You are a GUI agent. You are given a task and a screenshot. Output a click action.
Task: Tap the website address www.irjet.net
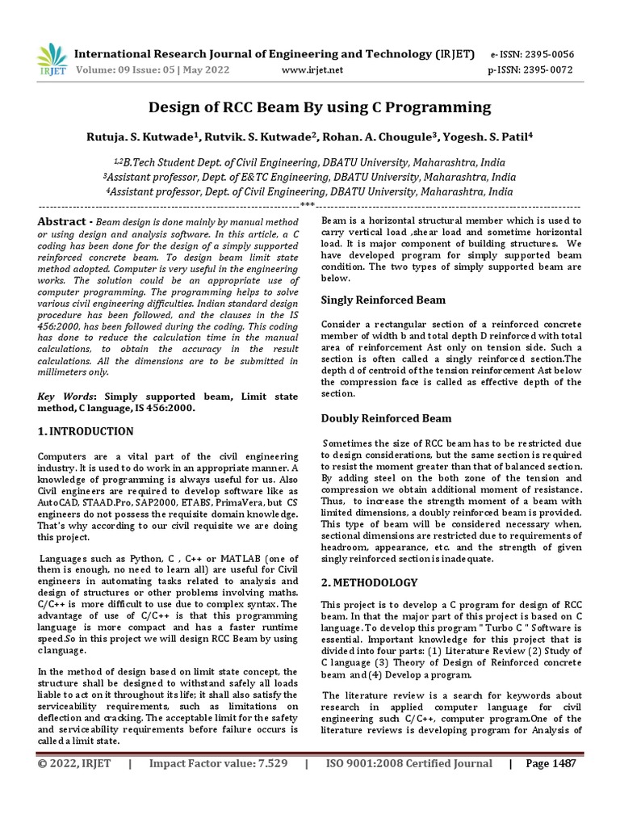pyautogui.click(x=312, y=70)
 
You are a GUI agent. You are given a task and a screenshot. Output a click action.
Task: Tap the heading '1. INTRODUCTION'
pyautogui.click(x=86, y=431)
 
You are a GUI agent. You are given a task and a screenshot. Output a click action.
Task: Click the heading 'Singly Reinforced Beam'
pyautogui.click(x=383, y=300)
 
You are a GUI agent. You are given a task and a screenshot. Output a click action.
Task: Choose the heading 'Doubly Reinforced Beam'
pyautogui.click(x=387, y=418)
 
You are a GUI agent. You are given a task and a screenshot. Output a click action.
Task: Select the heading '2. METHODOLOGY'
pyautogui.click(x=370, y=582)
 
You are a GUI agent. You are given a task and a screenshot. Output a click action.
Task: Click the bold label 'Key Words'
pyautogui.click(x=66, y=397)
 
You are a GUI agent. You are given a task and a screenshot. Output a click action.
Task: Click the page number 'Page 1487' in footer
pyautogui.click(x=551, y=764)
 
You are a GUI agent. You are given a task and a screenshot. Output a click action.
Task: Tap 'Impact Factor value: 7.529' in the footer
pyautogui.click(x=219, y=764)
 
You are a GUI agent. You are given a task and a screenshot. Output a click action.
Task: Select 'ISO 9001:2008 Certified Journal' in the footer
pyautogui.click(x=408, y=764)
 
